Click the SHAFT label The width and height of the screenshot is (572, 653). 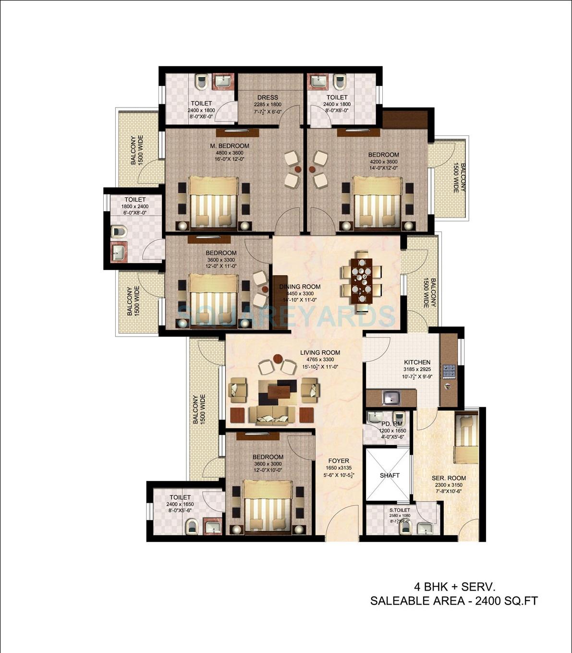(389, 475)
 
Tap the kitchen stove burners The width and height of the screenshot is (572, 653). (449, 371)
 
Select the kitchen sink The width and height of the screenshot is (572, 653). (391, 398)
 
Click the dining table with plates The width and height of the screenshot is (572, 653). (361, 281)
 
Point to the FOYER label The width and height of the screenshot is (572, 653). (339, 461)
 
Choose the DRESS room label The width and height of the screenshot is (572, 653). (268, 97)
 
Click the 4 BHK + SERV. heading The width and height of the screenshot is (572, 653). (454, 587)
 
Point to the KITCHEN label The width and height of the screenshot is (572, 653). (417, 363)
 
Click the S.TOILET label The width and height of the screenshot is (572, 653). (400, 510)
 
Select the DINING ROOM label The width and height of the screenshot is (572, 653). (300, 287)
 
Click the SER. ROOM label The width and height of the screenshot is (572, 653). (449, 478)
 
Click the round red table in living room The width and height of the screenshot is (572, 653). (277, 358)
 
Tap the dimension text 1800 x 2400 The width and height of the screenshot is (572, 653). (135, 206)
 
